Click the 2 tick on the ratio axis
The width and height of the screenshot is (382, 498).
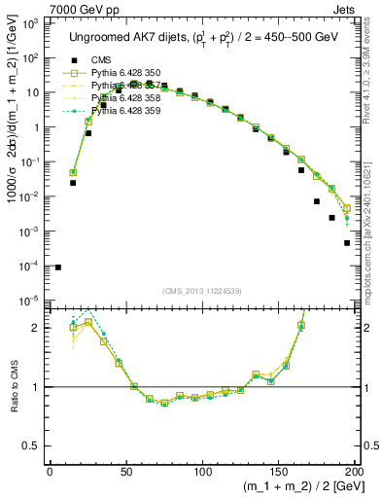coord(40,328)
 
